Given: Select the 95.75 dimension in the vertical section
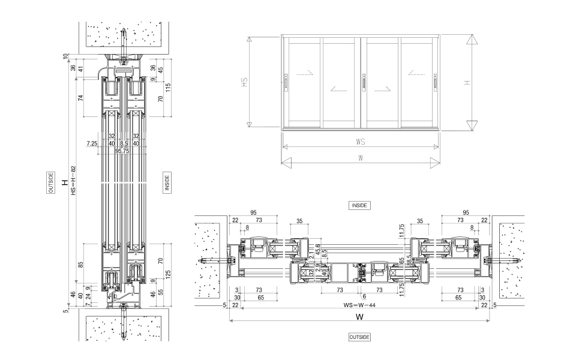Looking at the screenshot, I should [x=122, y=151].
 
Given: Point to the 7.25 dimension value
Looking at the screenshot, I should [x=92, y=143].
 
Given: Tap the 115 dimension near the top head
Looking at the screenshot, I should [x=169, y=87].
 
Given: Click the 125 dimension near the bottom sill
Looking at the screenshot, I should [x=169, y=274].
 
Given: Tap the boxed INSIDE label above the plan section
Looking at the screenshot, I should [x=359, y=205].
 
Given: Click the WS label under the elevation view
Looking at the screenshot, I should [x=360, y=143].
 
